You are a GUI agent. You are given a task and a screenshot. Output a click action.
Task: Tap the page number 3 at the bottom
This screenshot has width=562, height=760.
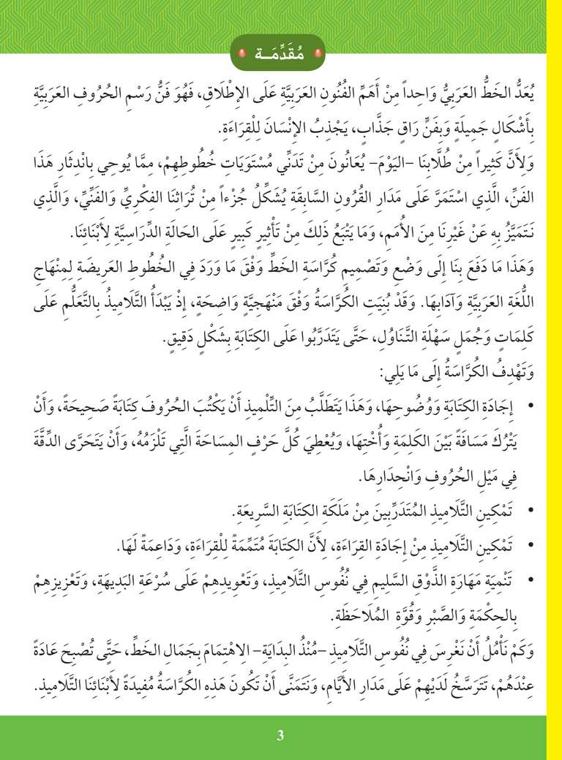[x=280, y=735]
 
